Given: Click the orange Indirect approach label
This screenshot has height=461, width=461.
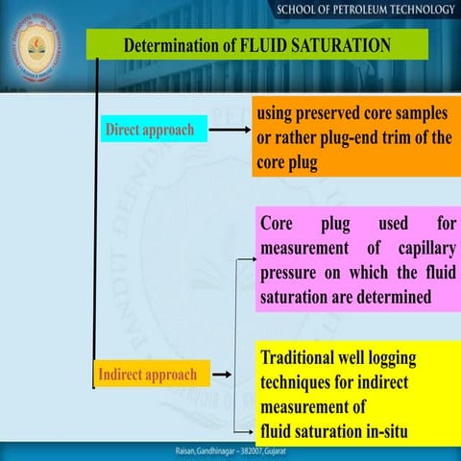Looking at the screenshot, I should click(147, 374).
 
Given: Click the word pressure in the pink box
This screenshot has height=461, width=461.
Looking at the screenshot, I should click(292, 275).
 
